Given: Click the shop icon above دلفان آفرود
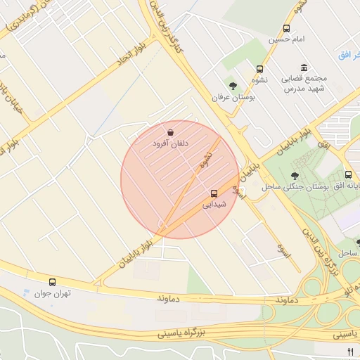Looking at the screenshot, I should (171, 132).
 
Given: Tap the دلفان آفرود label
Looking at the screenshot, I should (171, 143).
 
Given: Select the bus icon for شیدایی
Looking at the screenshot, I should (214, 193).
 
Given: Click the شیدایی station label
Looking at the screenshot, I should (214, 205).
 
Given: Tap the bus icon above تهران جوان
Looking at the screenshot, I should (52, 281).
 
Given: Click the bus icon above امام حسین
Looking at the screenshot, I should (286, 29).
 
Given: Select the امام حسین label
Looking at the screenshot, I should (286, 39).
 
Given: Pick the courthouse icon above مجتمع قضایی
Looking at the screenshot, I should (304, 67).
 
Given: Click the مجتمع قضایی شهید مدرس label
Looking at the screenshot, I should (303, 83).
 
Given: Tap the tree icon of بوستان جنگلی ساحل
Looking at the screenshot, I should (294, 176).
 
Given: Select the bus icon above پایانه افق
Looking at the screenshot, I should (349, 175).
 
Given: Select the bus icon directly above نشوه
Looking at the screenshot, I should (260, 70).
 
